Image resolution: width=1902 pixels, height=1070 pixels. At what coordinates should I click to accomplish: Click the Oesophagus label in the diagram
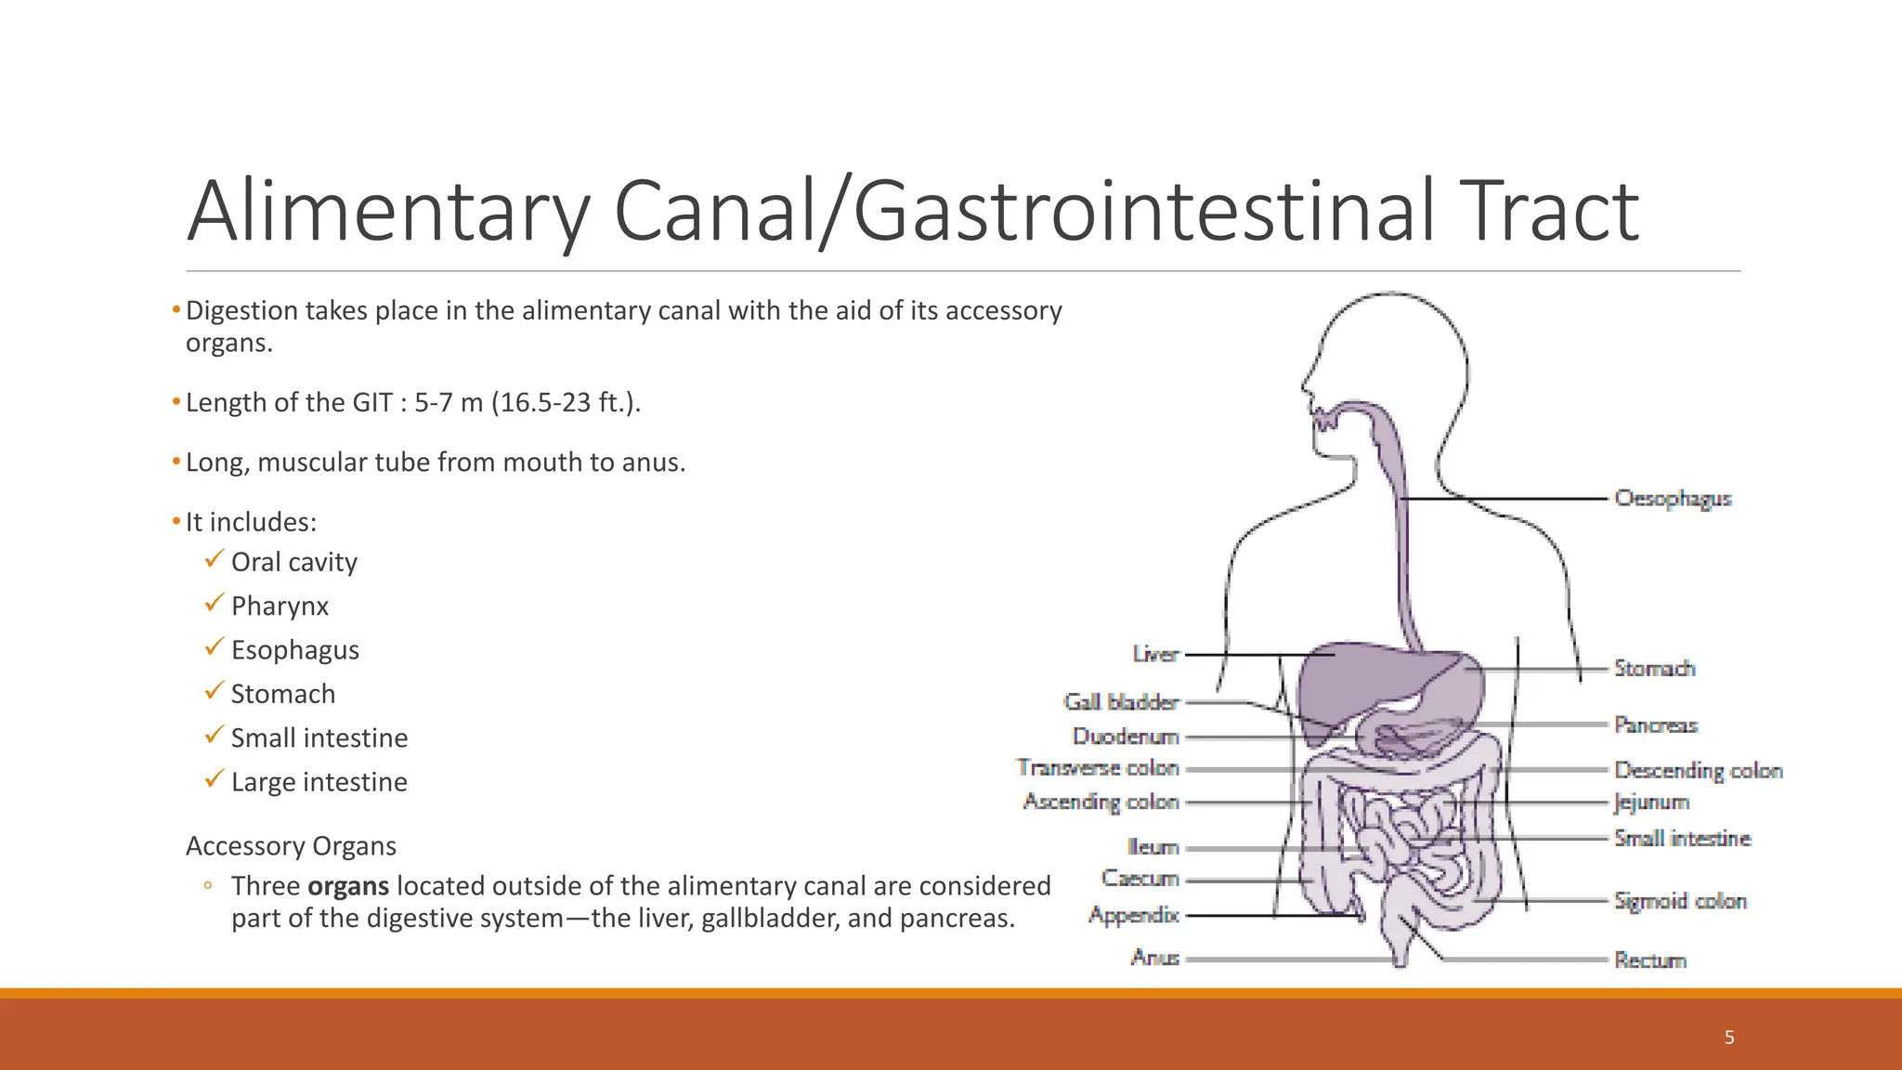(1673, 499)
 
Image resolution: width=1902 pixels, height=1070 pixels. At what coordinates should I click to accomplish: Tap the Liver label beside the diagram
(1155, 655)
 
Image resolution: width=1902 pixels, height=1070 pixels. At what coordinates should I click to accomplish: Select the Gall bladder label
(1121, 702)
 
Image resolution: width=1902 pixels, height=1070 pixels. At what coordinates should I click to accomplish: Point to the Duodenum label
(1126, 737)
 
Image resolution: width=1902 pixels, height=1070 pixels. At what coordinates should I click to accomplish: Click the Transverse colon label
(1098, 768)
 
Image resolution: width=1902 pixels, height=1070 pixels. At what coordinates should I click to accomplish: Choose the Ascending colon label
(1101, 802)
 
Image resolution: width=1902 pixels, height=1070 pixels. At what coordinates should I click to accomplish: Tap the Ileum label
(1153, 847)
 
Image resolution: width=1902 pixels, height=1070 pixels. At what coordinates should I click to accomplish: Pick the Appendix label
(1134, 916)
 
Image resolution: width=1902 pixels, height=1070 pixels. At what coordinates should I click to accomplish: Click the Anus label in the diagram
(1154, 958)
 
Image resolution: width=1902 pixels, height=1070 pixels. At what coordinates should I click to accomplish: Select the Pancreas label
(1655, 724)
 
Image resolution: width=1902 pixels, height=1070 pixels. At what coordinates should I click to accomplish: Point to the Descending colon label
(1698, 770)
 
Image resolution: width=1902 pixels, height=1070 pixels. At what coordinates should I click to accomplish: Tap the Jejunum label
(1650, 802)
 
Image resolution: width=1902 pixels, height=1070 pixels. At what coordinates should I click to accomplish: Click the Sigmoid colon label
(1680, 901)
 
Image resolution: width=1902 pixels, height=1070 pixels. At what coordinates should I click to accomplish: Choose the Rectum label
(1649, 960)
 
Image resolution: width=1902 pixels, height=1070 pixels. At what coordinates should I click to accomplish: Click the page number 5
(1729, 1037)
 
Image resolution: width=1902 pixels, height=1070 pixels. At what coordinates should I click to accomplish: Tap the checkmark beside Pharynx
(215, 604)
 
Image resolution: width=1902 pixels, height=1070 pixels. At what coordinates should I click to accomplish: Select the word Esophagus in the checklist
(294, 650)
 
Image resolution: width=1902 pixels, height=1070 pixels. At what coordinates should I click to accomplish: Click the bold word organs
(348, 886)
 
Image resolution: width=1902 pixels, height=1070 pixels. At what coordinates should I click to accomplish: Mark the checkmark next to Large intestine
(215, 779)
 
